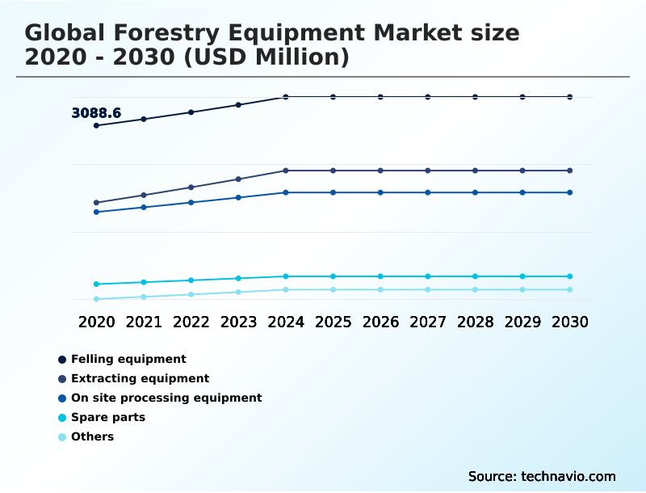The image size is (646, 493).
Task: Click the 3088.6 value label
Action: tap(96, 113)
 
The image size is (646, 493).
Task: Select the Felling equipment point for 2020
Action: tap(97, 125)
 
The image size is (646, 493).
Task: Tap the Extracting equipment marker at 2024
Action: tap(286, 171)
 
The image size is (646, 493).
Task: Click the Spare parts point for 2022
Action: tap(191, 280)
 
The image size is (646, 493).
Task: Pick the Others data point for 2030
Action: tap(570, 289)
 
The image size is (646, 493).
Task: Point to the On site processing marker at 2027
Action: tap(428, 192)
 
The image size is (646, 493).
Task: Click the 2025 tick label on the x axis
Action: tap(333, 322)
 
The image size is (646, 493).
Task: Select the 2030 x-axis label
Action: tap(570, 322)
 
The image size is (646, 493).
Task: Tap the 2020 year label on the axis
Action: tap(97, 322)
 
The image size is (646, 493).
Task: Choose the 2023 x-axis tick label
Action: tap(238, 322)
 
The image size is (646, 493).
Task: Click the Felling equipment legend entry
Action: tap(128, 359)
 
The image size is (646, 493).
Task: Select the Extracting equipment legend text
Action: tap(140, 378)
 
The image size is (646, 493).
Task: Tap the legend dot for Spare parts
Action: tap(62, 418)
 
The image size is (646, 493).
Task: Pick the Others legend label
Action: tap(92, 436)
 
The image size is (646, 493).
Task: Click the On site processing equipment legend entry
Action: tap(166, 398)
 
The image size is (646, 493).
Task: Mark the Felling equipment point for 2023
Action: tap(238, 104)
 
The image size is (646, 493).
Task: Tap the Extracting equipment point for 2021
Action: tap(144, 195)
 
